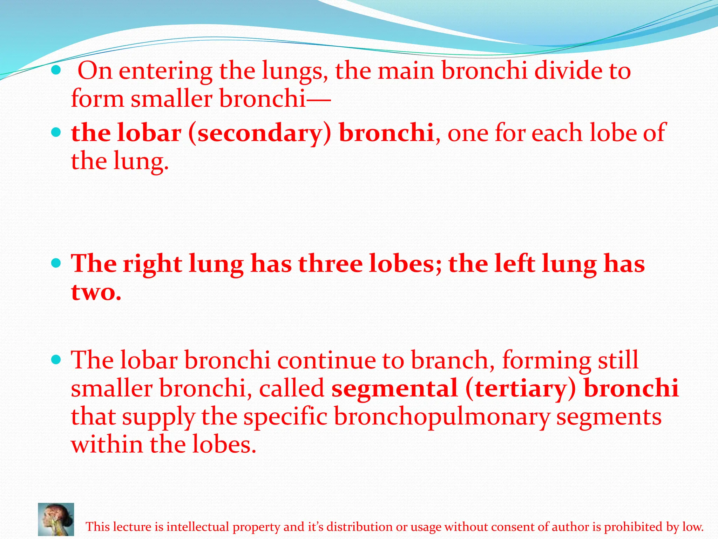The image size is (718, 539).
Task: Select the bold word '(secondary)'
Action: (x=259, y=133)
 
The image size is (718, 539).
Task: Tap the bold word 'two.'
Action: (x=96, y=292)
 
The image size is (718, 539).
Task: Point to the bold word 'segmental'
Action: (x=395, y=388)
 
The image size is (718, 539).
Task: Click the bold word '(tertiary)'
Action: (x=521, y=389)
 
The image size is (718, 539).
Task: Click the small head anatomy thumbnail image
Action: (x=56, y=519)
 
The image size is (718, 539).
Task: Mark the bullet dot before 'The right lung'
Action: (x=56, y=262)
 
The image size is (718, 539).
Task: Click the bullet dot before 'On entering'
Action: (x=56, y=71)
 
